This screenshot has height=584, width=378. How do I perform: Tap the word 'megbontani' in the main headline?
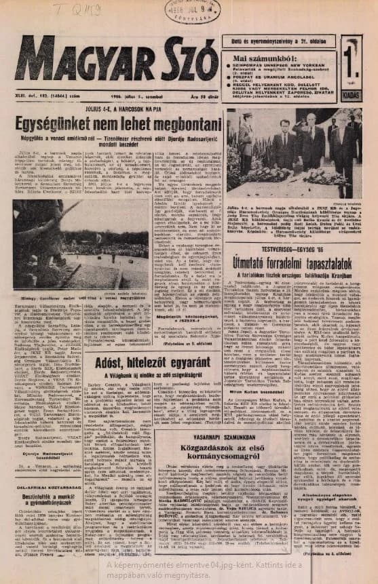(x=185, y=128)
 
